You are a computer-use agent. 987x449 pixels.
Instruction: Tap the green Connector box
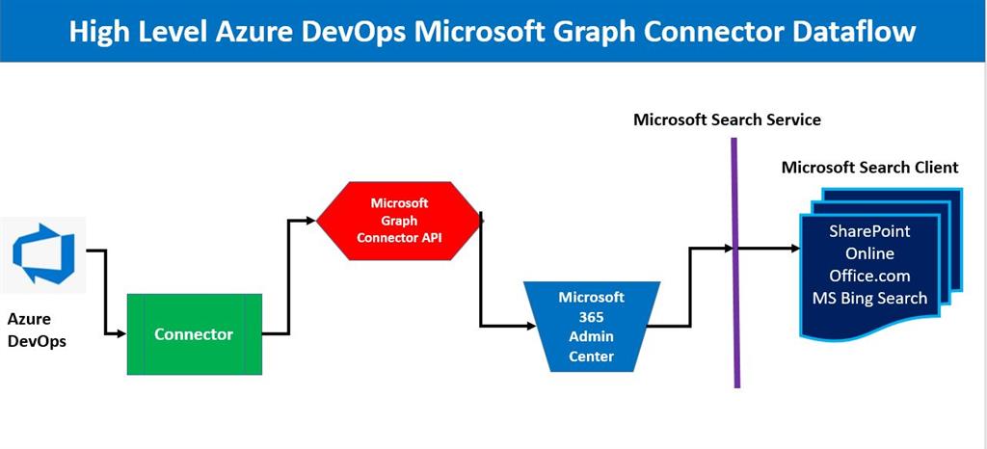pyautogui.click(x=195, y=334)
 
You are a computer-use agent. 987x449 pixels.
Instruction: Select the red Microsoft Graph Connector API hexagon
pyautogui.click(x=399, y=220)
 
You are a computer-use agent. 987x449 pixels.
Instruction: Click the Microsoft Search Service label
pyautogui.click(x=727, y=119)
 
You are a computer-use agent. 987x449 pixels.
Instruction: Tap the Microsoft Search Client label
pyautogui.click(x=869, y=168)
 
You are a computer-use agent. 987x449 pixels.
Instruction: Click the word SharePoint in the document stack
pyautogui.click(x=869, y=231)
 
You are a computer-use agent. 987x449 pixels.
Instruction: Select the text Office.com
pyautogui.click(x=869, y=276)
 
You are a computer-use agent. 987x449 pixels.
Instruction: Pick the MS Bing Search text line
pyautogui.click(x=869, y=298)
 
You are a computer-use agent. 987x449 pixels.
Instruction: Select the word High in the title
pyautogui.click(x=99, y=32)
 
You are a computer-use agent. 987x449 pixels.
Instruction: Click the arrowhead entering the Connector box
pyautogui.click(x=121, y=334)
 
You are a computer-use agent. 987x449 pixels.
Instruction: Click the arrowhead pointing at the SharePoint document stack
pyautogui.click(x=795, y=249)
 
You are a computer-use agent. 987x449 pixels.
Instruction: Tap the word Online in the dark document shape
pyautogui.click(x=869, y=253)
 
